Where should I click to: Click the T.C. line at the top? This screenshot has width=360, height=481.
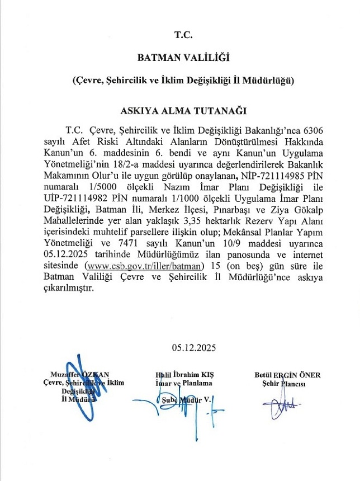(x=183, y=35)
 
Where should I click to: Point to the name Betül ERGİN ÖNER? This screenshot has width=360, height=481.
(x=287, y=374)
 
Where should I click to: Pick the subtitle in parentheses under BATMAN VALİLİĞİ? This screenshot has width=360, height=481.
(x=183, y=81)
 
